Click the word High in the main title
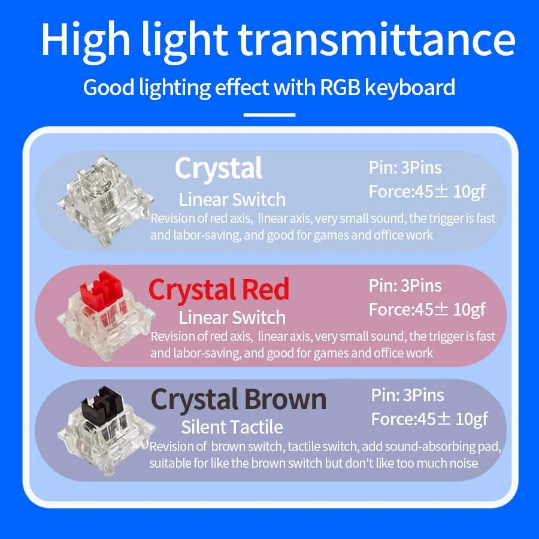click(x=86, y=39)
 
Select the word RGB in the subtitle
click(x=340, y=87)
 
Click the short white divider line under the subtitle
click(x=269, y=115)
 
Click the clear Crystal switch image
click(x=105, y=201)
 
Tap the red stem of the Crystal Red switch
click(x=101, y=291)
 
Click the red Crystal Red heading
click(x=219, y=290)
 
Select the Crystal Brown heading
click(x=238, y=399)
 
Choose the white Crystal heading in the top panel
click(x=219, y=169)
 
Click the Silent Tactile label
click(x=232, y=427)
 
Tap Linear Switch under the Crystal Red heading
click(x=232, y=317)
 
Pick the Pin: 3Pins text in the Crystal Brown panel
click(x=408, y=395)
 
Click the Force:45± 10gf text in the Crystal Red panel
click(x=427, y=310)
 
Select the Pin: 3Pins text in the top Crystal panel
click(x=405, y=168)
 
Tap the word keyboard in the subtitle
click(x=410, y=87)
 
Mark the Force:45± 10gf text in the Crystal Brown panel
click(x=429, y=419)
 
